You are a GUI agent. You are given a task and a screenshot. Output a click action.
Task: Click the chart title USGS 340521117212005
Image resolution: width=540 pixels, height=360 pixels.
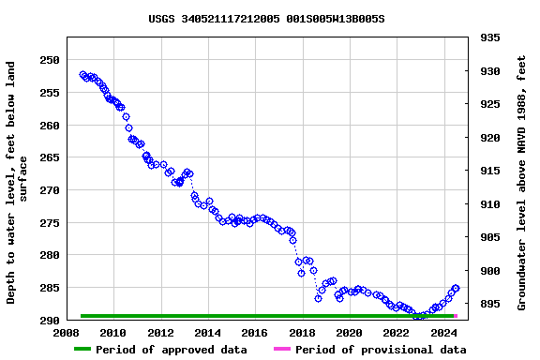click(x=266, y=19)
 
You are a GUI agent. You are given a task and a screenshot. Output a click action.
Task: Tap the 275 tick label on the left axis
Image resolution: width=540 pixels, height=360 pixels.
click(x=49, y=222)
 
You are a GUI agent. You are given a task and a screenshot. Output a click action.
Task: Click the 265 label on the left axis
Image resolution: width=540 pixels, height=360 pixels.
click(x=49, y=157)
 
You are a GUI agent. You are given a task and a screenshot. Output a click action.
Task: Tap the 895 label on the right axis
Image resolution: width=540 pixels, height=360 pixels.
click(x=488, y=305)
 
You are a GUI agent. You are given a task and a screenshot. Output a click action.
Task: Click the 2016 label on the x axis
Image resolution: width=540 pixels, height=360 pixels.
click(x=255, y=332)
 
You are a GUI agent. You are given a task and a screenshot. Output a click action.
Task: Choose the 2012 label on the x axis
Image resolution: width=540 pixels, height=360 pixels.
click(x=160, y=332)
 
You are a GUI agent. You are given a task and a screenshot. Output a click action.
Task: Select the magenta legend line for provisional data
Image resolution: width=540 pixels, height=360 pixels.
click(x=281, y=350)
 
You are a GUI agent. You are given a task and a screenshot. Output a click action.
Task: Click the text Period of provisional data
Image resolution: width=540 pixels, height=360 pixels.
click(x=381, y=350)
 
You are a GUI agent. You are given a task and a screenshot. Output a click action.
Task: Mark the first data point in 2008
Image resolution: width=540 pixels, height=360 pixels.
click(x=82, y=74)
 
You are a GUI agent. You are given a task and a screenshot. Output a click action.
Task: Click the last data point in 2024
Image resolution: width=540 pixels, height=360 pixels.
click(x=456, y=289)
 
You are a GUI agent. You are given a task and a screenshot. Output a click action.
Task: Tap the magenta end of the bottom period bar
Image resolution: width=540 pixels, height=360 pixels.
click(x=456, y=316)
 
